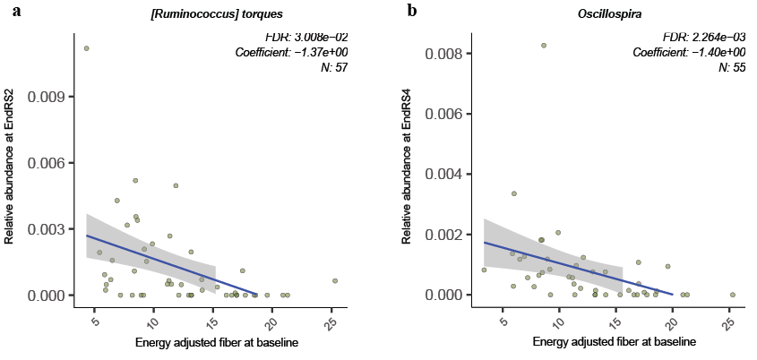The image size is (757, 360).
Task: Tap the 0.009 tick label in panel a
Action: pyautogui.click(x=47, y=96)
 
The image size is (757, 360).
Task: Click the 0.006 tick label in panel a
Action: pyautogui.click(x=47, y=163)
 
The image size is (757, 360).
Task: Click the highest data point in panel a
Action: pyautogui.click(x=86, y=48)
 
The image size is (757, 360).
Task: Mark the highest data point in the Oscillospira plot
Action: pyautogui.click(x=544, y=46)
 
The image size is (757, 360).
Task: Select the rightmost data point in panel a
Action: pyautogui.click(x=335, y=280)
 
